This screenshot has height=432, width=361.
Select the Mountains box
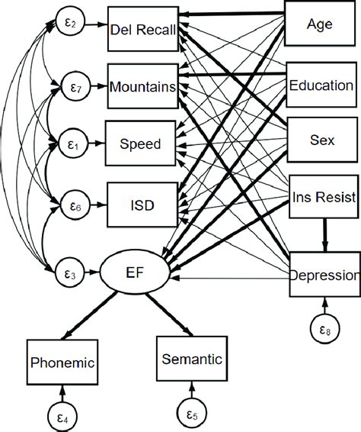(143, 87)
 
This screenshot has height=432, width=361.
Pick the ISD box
(143, 200)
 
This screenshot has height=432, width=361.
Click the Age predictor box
(318, 24)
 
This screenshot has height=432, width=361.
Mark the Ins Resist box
(323, 197)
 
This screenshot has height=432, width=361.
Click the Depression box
(323, 276)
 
